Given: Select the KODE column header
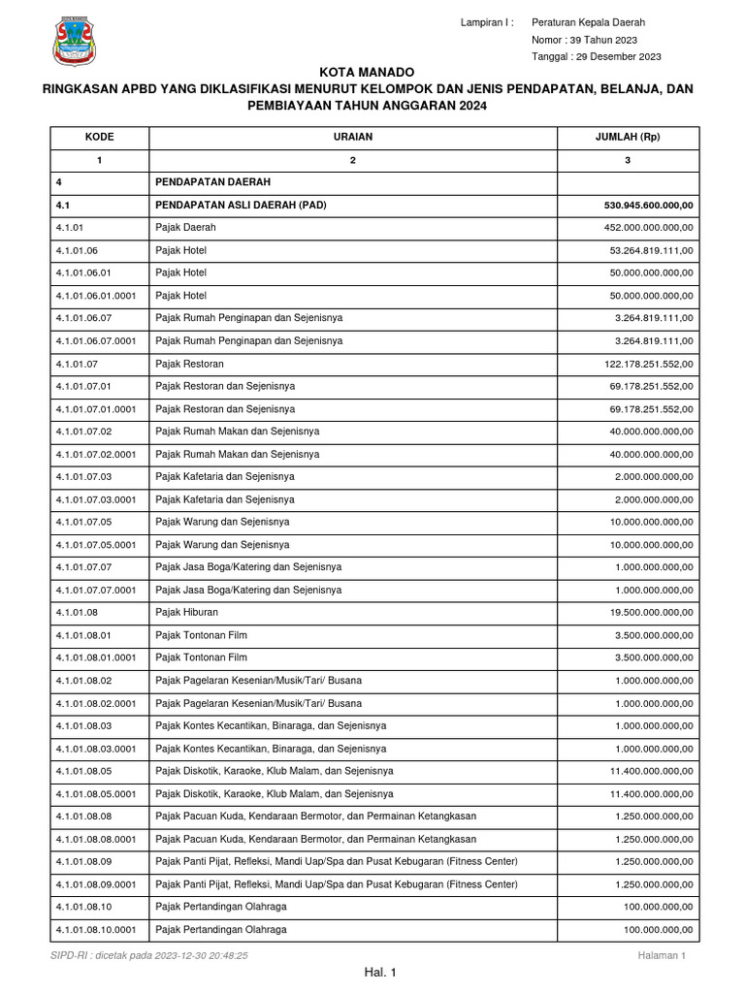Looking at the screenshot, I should pyautogui.click(x=99, y=137).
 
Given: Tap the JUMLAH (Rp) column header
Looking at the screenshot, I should pyautogui.click(x=627, y=137).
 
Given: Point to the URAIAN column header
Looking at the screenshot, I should pyautogui.click(x=353, y=137).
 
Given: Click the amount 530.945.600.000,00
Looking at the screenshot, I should pyautogui.click(x=648, y=205).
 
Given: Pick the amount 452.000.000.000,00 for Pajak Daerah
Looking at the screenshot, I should pyautogui.click(x=648, y=227).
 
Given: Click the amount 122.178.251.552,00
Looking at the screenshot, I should pyautogui.click(x=648, y=364).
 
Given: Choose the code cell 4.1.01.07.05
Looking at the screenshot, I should pyautogui.click(x=84, y=522).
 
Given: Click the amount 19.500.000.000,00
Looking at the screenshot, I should pyautogui.click(x=651, y=612).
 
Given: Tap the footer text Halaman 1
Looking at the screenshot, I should pyautogui.click(x=662, y=955).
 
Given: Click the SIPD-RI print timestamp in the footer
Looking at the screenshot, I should pyautogui.click(x=149, y=955).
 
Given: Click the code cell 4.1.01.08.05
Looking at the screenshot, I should pyautogui.click(x=84, y=771).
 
